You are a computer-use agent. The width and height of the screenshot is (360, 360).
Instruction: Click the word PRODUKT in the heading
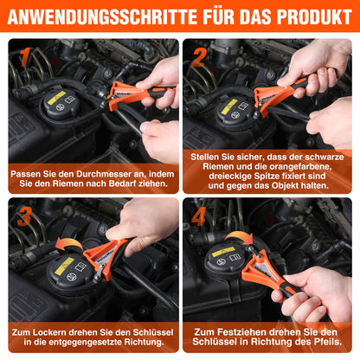[314, 17]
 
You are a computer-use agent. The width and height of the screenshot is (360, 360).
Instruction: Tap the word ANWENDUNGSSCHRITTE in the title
[103, 17]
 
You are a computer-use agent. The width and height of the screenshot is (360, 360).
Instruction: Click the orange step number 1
[25, 57]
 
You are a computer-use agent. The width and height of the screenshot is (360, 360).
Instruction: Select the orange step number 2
[199, 57]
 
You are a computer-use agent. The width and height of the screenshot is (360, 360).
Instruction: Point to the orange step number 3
[24, 216]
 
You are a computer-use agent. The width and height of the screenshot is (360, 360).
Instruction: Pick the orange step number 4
[199, 216]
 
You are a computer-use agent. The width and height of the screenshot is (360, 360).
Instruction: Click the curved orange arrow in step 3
[68, 244]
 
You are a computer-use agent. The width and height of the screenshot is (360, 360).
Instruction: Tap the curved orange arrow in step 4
[239, 238]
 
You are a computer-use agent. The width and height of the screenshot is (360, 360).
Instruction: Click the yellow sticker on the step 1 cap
[56, 98]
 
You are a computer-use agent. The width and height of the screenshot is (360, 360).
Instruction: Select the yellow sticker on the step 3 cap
[64, 266]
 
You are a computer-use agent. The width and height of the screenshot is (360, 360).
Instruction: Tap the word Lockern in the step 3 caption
[47, 332]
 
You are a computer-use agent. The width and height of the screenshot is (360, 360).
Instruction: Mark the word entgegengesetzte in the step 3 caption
[85, 342]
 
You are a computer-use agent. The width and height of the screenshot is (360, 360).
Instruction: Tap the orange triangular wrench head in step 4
[261, 270]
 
